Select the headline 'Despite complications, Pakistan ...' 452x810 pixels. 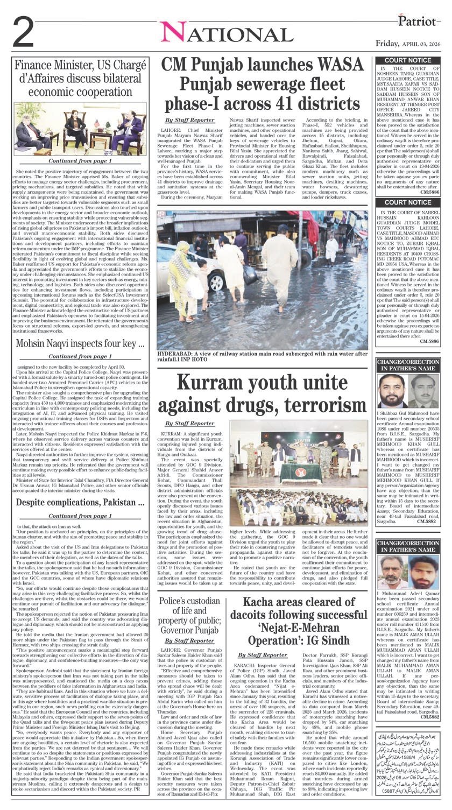click(x=80, y=503)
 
